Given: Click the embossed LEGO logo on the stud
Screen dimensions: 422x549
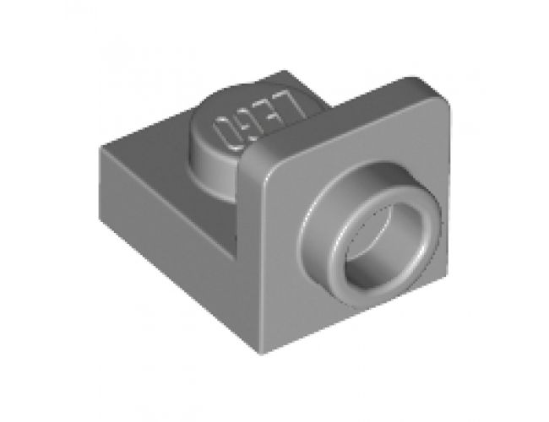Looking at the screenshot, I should click(x=253, y=122).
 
